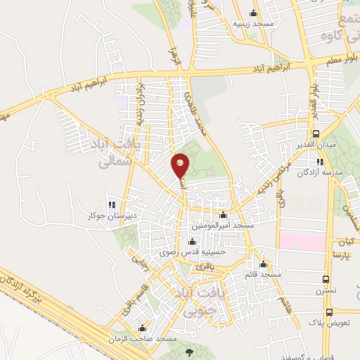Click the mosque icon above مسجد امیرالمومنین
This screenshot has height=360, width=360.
coord(224,215)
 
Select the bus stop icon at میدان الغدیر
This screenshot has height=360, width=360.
coord(316,134)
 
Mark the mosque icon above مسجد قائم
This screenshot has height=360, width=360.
coord(264,264)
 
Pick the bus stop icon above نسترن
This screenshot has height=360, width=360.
coord(326,279)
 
